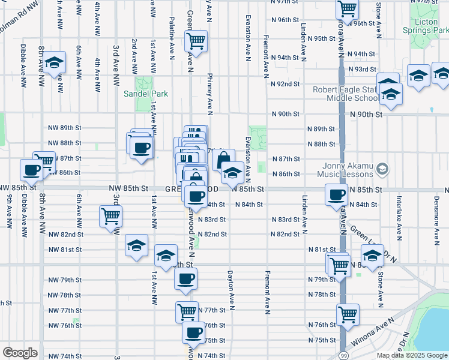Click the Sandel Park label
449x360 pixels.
click(146, 94)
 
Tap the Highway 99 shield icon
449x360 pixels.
click(341, 347)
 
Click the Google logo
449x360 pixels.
click(20, 353)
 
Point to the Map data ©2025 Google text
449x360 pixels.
click(411, 355)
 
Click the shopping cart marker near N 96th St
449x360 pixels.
click(347, 10)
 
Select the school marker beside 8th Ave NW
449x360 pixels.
click(54, 64)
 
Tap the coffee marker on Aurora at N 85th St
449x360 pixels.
click(336, 194)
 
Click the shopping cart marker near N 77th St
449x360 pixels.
click(187, 311)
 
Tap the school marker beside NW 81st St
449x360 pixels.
click(137, 245)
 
